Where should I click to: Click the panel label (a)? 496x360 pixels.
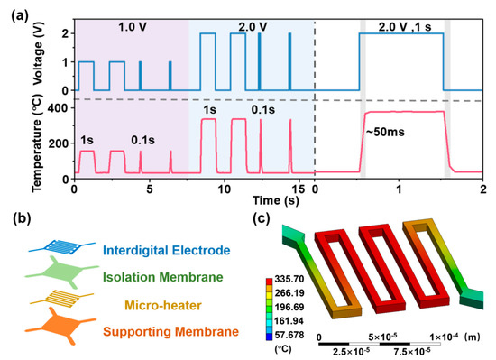(x=15, y=11)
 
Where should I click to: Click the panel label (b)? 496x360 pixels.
(x=15, y=217)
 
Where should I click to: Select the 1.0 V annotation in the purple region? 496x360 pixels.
(x=132, y=29)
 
